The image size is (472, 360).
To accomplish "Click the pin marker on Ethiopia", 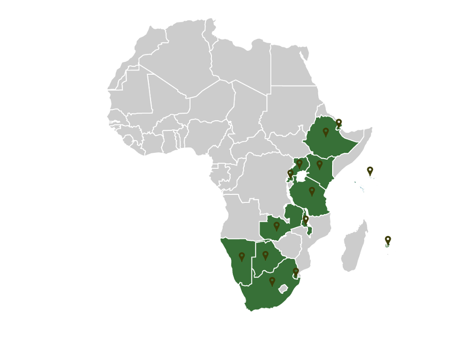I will point(326,131).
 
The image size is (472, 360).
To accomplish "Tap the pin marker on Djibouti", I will point(339,123).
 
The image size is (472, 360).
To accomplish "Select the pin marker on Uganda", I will point(300,163).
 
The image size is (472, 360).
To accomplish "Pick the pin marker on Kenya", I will point(319,165).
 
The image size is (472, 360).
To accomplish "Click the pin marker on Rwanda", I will point(290,173).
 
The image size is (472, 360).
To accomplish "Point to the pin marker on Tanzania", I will point(312,191).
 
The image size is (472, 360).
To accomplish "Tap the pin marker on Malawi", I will point(305,220).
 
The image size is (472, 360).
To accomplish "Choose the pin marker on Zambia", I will point(277,226).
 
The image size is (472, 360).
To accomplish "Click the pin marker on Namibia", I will point(241,257).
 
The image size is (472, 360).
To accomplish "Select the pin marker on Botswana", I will point(265,256).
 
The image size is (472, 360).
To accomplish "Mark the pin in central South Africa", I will point(272,281).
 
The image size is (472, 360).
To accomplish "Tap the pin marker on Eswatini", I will point(296,272).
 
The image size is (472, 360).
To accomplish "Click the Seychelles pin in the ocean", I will point(370,171).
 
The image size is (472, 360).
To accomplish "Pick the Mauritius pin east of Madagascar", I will point(388,240).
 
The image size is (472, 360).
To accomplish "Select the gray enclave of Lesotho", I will point(284,289).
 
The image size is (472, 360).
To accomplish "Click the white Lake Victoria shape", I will point(302,176).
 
